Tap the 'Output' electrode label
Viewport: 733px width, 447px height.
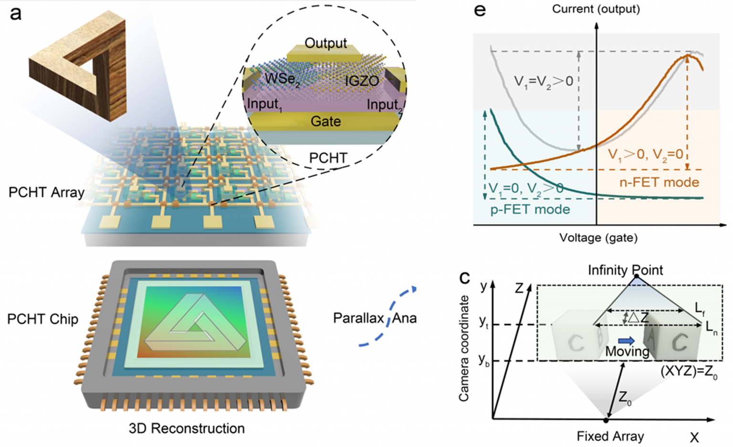pyautogui.click(x=325, y=43)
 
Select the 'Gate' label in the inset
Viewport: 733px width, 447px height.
pyautogui.click(x=325, y=121)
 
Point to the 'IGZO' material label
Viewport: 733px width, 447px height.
pyautogui.click(x=361, y=81)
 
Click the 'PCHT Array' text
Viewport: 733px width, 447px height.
pyautogui.click(x=46, y=192)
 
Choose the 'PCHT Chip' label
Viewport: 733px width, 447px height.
pyautogui.click(x=42, y=319)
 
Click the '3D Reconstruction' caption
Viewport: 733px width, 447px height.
pyautogui.click(x=187, y=428)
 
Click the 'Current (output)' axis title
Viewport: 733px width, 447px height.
pyautogui.click(x=596, y=9)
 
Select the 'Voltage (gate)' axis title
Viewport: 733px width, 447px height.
pyautogui.click(x=598, y=237)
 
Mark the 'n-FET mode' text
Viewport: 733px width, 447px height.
pyautogui.click(x=659, y=182)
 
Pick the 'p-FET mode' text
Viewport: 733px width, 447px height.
pyautogui.click(x=530, y=209)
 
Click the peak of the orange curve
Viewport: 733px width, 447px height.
pyautogui.click(x=687, y=56)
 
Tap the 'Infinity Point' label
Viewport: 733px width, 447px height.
pyautogui.click(x=625, y=270)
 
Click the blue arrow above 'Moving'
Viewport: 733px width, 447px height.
pyautogui.click(x=626, y=341)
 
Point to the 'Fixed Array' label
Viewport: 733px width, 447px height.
pyautogui.click(x=610, y=436)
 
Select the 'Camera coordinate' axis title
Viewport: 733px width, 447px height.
pyautogui.click(x=463, y=348)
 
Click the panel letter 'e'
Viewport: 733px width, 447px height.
pyautogui.click(x=480, y=10)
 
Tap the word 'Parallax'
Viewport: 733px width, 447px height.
pyautogui.click(x=358, y=318)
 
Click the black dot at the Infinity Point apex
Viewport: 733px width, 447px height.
pyautogui.click(x=636, y=277)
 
